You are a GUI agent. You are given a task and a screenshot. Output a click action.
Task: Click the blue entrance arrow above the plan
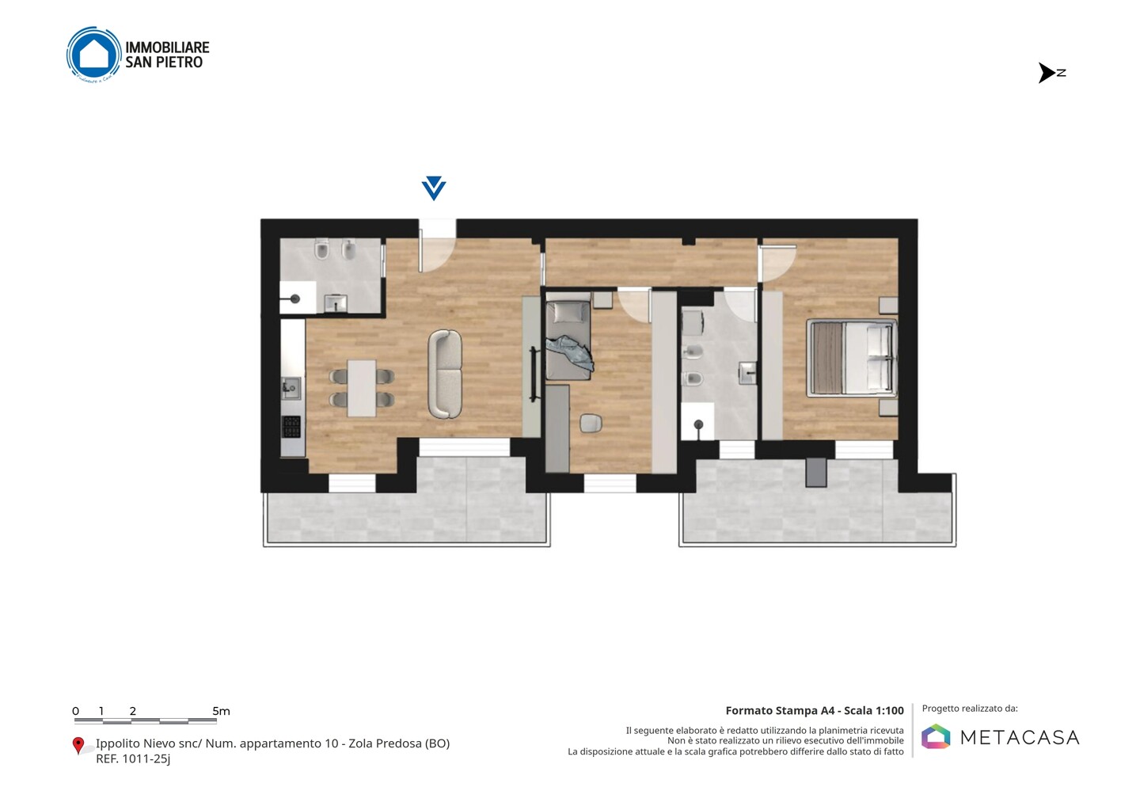pyautogui.click(x=434, y=188)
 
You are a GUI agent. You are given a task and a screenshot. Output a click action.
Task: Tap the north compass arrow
pyautogui.click(x=1047, y=73)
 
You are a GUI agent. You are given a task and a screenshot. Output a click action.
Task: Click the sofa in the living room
pyautogui.click(x=445, y=374)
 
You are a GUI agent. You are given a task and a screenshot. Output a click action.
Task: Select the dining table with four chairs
pyautogui.click(x=362, y=388)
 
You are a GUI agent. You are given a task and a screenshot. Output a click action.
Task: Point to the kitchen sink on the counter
pyautogui.click(x=291, y=389)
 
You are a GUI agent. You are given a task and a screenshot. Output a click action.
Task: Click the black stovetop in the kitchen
pyautogui.click(x=291, y=427)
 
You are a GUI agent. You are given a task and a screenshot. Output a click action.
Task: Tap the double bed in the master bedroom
pyautogui.click(x=852, y=358)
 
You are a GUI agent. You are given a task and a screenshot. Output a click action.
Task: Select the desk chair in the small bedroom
pyautogui.click(x=591, y=424)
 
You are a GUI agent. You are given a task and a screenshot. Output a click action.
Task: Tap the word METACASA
pyautogui.click(x=1020, y=737)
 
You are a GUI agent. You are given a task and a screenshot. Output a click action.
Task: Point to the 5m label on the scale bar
pyautogui.click(x=222, y=711)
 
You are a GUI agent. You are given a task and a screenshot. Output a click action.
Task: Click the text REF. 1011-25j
pyautogui.click(x=133, y=758)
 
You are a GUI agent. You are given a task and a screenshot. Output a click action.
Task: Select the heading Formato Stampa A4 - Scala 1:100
pyautogui.click(x=815, y=710)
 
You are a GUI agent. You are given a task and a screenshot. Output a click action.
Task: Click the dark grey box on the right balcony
pyautogui.click(x=815, y=472)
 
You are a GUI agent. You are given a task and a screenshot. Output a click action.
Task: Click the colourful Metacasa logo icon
pyautogui.click(x=936, y=737)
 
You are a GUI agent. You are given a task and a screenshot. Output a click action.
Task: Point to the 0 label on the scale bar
pyautogui.click(x=76, y=711)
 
